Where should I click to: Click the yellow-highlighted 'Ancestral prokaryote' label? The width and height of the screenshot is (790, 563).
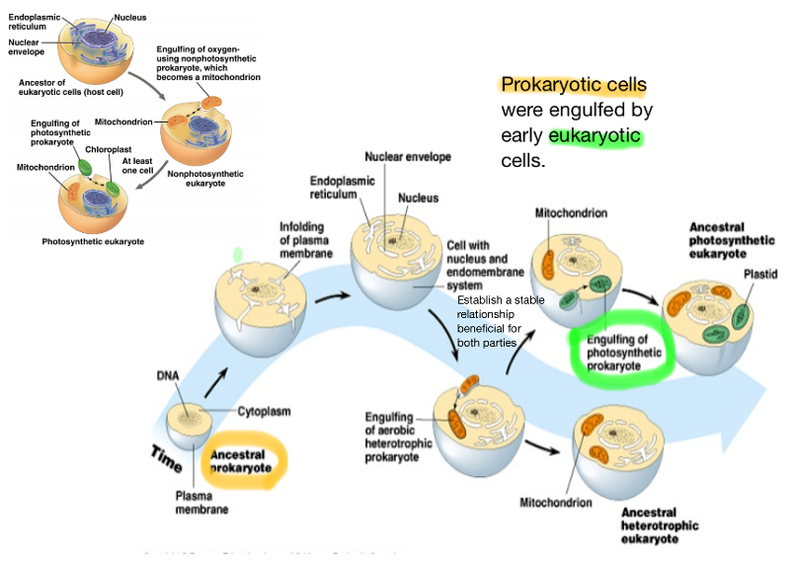(243, 461)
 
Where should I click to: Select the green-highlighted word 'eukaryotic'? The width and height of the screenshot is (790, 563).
(595, 135)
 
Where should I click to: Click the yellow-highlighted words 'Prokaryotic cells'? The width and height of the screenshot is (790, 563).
(573, 85)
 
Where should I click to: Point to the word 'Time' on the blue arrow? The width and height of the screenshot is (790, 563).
(166, 455)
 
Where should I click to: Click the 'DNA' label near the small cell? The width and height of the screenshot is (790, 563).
(167, 376)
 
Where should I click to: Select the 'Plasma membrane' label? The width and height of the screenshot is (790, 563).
(202, 503)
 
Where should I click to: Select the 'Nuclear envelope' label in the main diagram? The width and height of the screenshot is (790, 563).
(407, 156)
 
